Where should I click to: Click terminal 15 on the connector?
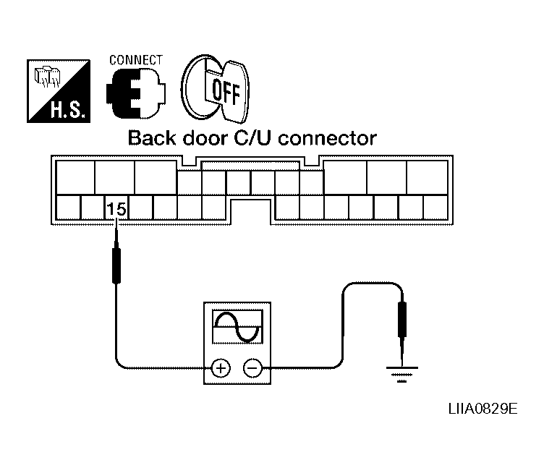(116, 209)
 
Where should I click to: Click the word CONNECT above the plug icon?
(135, 61)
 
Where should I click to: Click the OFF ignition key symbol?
(216, 89)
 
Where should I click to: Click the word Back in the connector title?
(150, 138)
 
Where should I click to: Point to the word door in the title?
(199, 138)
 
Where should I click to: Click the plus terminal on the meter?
(221, 369)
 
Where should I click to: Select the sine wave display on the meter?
(237, 328)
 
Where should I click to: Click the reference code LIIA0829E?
(483, 409)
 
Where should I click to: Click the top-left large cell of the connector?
(75, 176)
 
